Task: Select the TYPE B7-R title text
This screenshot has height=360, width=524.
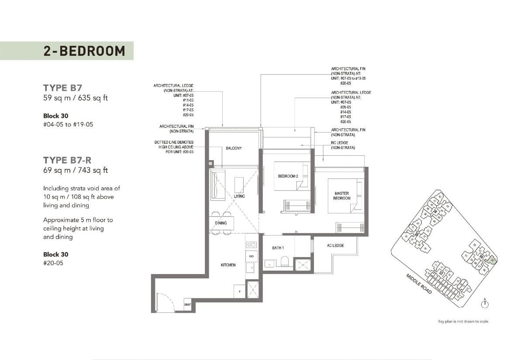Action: coord(67,160)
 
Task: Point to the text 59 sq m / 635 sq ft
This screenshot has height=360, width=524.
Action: coord(75,98)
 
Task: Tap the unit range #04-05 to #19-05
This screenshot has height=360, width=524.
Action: coord(68,124)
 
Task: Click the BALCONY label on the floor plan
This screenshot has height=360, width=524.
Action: coord(234,148)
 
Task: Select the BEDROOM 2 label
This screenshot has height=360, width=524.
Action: coord(287,176)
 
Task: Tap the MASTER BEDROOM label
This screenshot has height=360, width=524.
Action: coord(342,195)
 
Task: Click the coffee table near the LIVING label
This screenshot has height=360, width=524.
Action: coord(238,185)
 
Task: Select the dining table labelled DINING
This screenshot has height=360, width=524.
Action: coord(221,223)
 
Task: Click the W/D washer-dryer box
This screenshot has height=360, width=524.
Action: coord(251,256)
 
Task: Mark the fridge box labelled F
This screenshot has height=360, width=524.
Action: coord(239,291)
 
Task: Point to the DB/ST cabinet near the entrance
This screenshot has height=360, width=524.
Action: coord(188,305)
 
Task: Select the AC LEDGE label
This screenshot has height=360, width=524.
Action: coord(335,246)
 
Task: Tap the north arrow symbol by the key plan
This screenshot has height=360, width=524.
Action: coord(485,304)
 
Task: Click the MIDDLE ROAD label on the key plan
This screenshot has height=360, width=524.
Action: coord(419,283)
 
